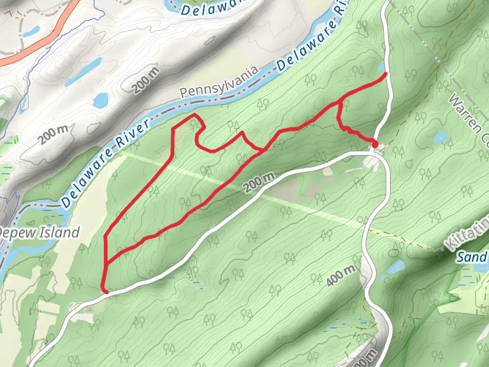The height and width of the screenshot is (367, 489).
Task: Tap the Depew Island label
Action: pyautogui.click(x=40, y=232)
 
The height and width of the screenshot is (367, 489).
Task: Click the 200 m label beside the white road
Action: pyautogui.click(x=262, y=182)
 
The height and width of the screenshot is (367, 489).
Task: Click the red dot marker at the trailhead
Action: pyautogui.click(x=375, y=144)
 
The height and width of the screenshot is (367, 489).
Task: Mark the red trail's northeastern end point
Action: pyautogui.click(x=386, y=74)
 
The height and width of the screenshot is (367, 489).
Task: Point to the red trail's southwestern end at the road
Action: pyautogui.click(x=106, y=292)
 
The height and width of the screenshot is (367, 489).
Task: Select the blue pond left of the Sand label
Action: pyautogui.click(x=395, y=266)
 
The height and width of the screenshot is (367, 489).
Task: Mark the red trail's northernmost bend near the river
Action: pyautogui.click(x=194, y=115)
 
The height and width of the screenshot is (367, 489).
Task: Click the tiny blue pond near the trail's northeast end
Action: pyautogui.click(x=382, y=65)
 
